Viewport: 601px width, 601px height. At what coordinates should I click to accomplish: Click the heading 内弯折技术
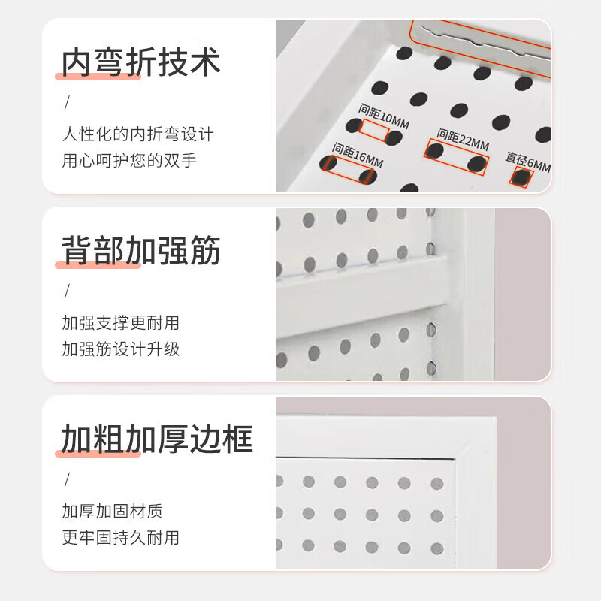(x=140, y=62)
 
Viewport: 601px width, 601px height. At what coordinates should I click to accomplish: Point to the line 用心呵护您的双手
(x=129, y=161)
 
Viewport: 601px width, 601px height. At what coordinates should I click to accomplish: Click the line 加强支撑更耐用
(x=120, y=324)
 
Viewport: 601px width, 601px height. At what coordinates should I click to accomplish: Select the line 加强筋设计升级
(x=120, y=349)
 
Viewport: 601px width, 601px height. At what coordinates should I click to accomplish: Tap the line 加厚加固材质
(x=112, y=512)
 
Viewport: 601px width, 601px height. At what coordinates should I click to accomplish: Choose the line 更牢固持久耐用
(x=120, y=537)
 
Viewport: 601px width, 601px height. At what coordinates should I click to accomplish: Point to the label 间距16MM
(x=358, y=154)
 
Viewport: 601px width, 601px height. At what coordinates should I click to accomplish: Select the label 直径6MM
(x=528, y=161)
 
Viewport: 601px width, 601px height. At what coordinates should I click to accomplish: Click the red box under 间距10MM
(x=374, y=131)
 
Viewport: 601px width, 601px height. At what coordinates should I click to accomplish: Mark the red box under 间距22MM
(x=456, y=157)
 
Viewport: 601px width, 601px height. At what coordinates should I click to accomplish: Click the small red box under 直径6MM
(x=521, y=177)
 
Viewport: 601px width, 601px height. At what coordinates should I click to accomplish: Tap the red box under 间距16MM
(x=347, y=170)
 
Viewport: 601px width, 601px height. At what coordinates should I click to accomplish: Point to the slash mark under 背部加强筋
(x=66, y=291)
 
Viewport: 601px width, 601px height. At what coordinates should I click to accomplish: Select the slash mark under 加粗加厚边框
(x=66, y=479)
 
